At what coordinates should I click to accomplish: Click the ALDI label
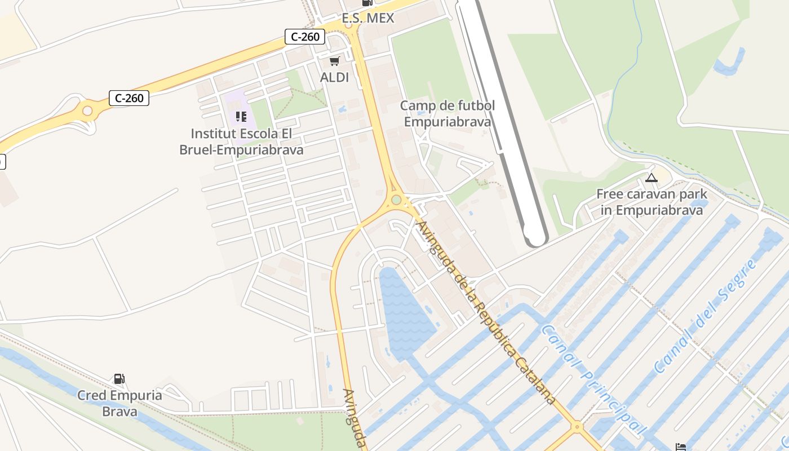pos(334,77)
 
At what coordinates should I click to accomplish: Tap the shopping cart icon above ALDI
pos(335,60)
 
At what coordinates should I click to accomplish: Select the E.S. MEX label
pos(368,18)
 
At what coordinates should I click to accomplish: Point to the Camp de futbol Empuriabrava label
pos(447,113)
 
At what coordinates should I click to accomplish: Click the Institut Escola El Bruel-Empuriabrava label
pos(242,142)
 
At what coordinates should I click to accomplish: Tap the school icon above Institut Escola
pos(241,117)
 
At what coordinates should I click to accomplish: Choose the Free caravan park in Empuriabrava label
pos(651,202)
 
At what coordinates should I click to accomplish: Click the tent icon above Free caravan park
pos(651,178)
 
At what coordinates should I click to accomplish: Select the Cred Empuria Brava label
pos(119,403)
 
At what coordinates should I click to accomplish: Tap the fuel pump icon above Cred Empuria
pos(119,379)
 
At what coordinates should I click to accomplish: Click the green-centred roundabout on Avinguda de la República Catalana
pos(396,200)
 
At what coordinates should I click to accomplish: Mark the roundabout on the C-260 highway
pos(87,110)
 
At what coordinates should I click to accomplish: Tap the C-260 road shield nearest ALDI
pos(305,37)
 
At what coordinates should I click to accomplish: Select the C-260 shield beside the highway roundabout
pos(129,98)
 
